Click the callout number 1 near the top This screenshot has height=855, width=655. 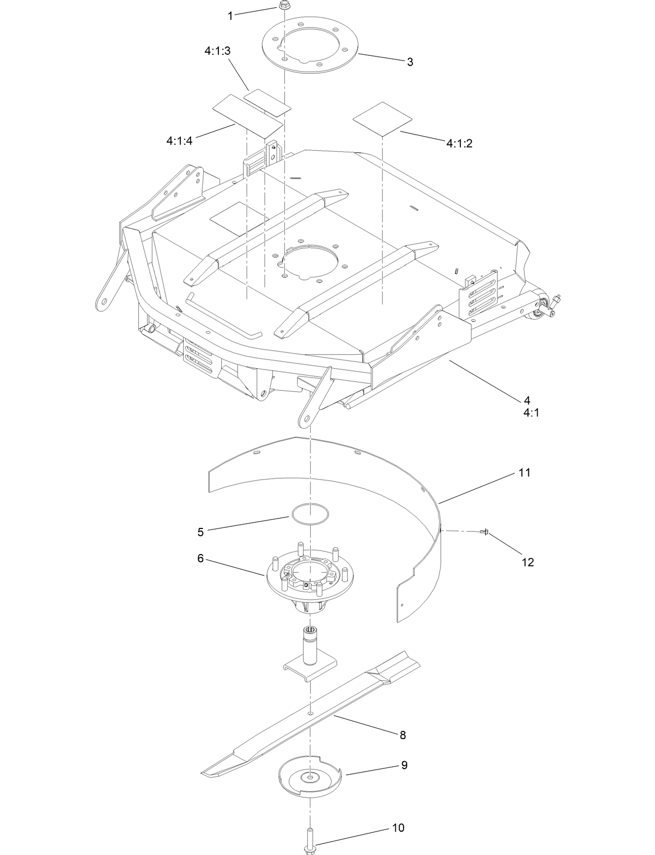pos(230,16)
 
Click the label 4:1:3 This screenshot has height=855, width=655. pos(217,51)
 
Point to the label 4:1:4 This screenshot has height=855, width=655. pos(180,140)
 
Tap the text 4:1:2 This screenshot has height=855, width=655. pos(459,143)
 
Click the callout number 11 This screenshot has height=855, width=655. pos(524,473)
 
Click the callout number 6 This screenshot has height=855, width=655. pos(200,558)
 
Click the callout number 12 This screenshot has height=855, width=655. pos(528,562)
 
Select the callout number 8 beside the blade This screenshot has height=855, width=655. pos(402,735)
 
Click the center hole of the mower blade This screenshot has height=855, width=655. pos(310,712)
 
